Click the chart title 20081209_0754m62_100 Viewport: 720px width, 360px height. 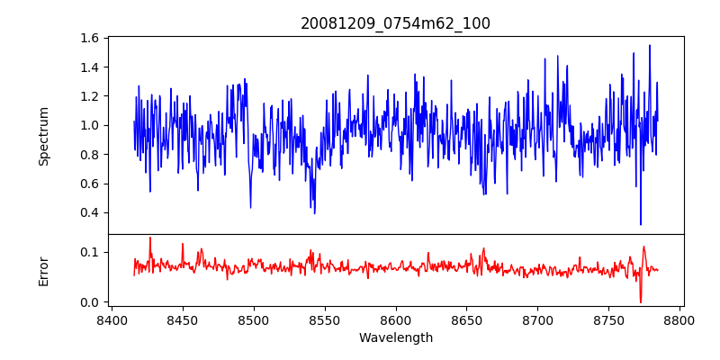(x=395, y=23)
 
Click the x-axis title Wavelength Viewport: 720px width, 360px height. (x=395, y=337)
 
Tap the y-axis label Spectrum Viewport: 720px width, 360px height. (x=44, y=136)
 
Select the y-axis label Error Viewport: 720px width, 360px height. (x=44, y=270)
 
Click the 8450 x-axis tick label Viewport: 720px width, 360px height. (x=182, y=319)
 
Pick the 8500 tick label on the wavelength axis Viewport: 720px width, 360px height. (x=253, y=319)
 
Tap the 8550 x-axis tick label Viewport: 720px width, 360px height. (x=324, y=319)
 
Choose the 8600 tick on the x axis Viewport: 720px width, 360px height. (x=395, y=319)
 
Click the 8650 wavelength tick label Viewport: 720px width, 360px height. (x=466, y=319)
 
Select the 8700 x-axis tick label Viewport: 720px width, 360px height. (x=537, y=319)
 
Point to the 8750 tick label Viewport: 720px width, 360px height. (x=608, y=319)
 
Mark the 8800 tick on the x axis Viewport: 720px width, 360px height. (x=679, y=319)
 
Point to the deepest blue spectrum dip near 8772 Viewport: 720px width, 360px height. (x=641, y=224)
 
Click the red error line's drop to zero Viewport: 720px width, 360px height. (x=641, y=301)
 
